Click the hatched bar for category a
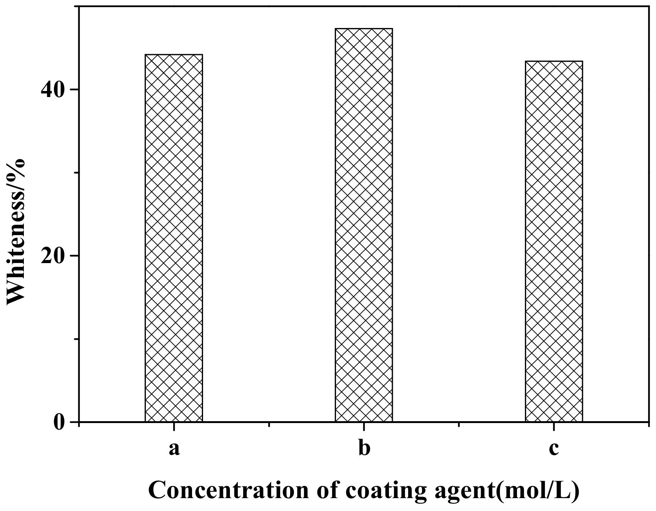(x=173, y=238)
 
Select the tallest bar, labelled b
(x=364, y=225)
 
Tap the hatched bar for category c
(x=554, y=241)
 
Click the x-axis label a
(x=174, y=449)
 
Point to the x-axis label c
(x=554, y=449)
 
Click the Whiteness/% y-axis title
(x=16, y=231)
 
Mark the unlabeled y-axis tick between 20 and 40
(x=76, y=172)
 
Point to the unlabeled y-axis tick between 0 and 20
(x=76, y=339)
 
